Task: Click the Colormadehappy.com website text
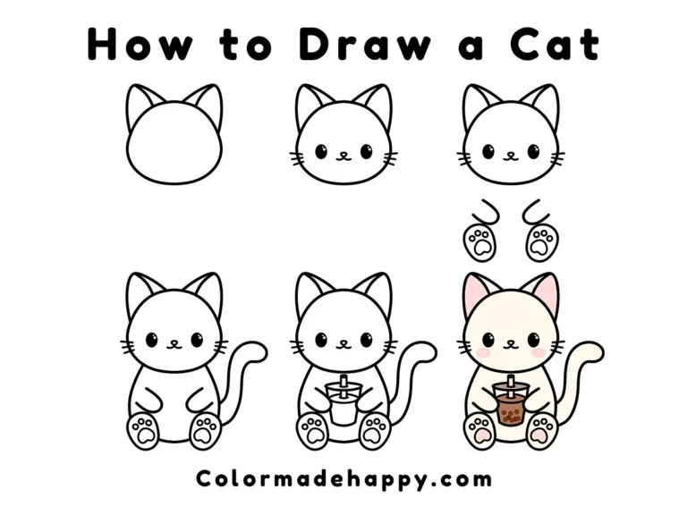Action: pyautogui.click(x=343, y=477)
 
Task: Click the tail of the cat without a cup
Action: pyautogui.click(x=242, y=376)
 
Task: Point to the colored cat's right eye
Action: pyautogui.click(x=534, y=340)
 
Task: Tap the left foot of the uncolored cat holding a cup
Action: pyautogui.click(x=313, y=431)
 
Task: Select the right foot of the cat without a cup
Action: pyautogui.click(x=206, y=430)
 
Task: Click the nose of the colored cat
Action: pyautogui.click(x=511, y=342)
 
